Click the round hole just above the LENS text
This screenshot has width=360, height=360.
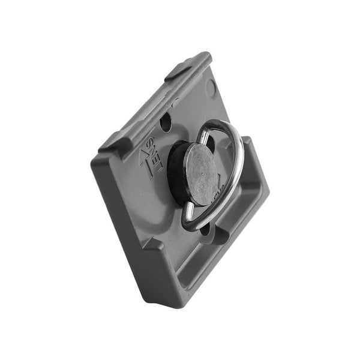[x=166, y=123]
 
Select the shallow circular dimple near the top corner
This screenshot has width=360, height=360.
[x=210, y=89]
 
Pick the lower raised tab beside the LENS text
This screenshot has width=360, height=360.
[x=114, y=142]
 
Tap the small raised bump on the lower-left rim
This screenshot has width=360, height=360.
[x=152, y=246]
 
